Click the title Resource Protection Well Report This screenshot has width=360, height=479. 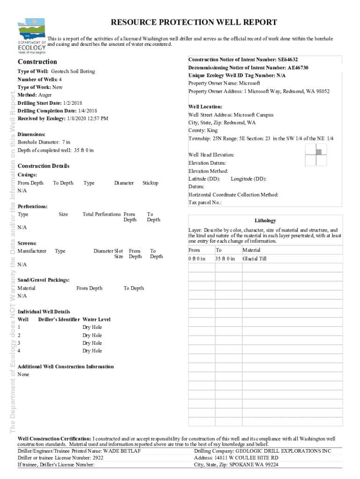click(x=194, y=22)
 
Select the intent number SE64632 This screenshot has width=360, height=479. click(x=288, y=59)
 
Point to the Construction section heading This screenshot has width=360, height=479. click(x=37, y=62)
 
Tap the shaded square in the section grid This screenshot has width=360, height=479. click(x=319, y=151)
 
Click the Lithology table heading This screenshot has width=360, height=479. click(x=265, y=220)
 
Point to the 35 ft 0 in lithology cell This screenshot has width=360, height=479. click(x=225, y=259)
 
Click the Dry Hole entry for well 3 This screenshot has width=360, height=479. click(x=92, y=343)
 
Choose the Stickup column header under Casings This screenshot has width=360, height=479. click(x=150, y=183)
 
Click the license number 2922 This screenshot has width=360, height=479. click(x=97, y=458)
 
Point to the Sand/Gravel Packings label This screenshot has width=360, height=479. click(x=43, y=280)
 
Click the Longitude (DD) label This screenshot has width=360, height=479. click(x=248, y=179)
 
